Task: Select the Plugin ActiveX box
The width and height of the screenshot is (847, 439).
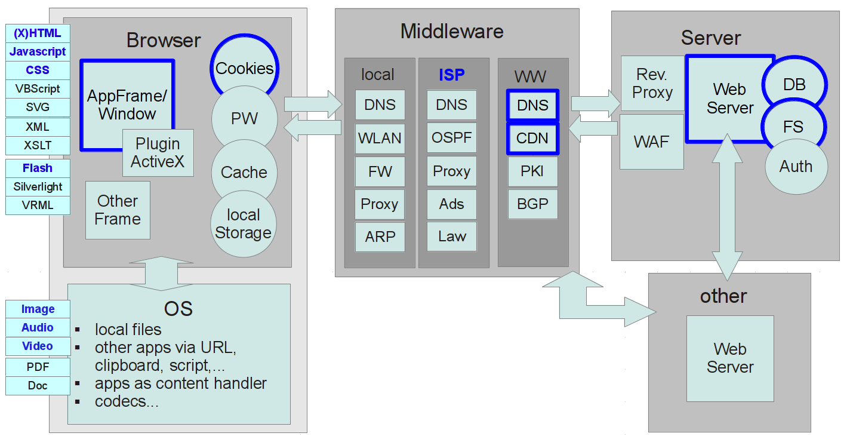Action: [x=158, y=153]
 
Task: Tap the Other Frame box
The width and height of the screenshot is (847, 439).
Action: [x=118, y=210]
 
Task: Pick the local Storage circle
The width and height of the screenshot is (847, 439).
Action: [x=244, y=225]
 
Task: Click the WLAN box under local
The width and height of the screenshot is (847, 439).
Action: [x=380, y=138]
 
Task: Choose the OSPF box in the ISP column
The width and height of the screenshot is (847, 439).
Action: [x=451, y=138]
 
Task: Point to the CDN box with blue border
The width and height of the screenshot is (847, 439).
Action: [x=532, y=139]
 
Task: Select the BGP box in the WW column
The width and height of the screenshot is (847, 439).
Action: [x=532, y=204]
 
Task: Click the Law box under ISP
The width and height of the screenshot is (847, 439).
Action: [x=451, y=237]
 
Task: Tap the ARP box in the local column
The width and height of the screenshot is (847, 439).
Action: [x=380, y=237]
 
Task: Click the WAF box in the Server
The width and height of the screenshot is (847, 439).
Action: [x=652, y=142]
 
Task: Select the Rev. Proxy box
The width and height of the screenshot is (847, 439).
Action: [x=652, y=84]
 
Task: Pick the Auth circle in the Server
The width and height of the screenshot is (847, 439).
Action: [x=796, y=166]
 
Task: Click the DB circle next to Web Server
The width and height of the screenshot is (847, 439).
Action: [x=794, y=85]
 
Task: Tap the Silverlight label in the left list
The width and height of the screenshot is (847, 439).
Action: [x=38, y=187]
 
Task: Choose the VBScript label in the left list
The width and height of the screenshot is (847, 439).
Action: [x=38, y=89]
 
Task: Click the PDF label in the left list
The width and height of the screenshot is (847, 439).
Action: [x=38, y=367]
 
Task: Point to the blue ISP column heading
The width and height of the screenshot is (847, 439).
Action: [x=452, y=75]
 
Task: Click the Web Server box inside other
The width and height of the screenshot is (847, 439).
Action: [x=730, y=358]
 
